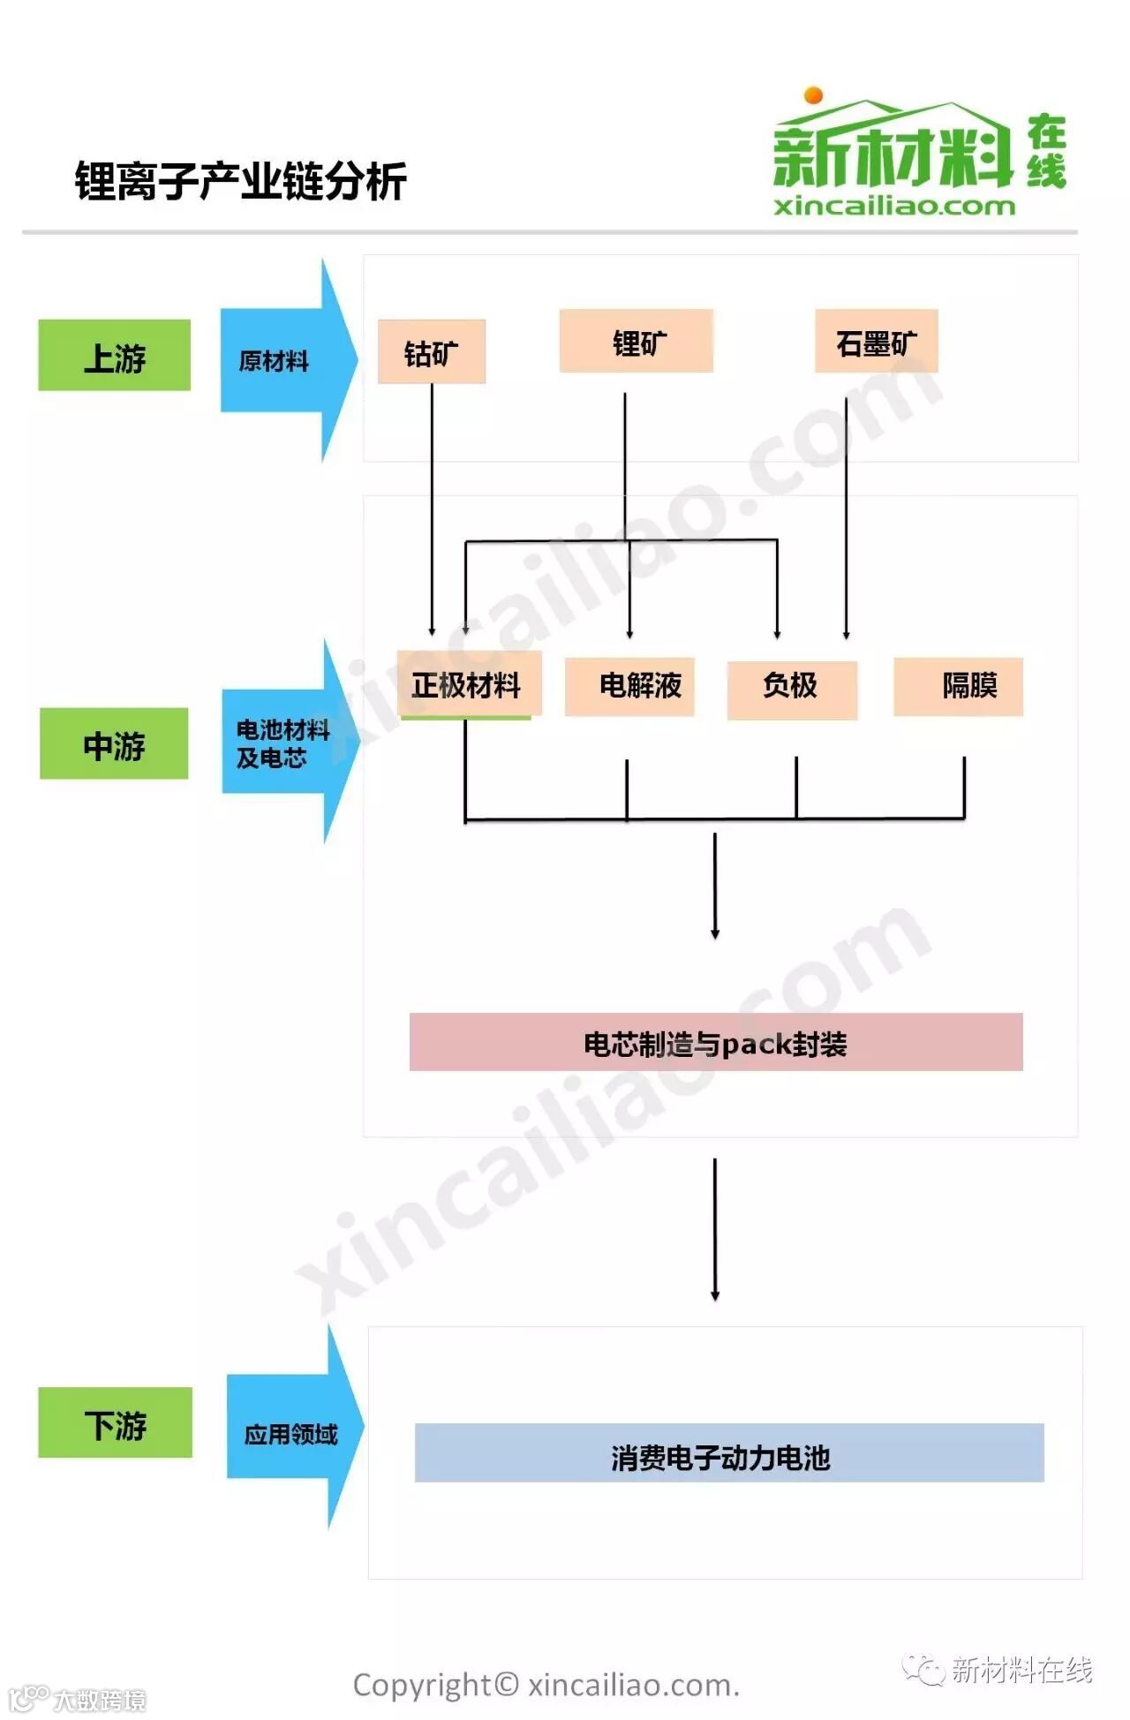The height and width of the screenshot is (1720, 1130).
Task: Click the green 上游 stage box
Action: coord(114,355)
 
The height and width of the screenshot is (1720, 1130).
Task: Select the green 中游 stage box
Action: coord(114,743)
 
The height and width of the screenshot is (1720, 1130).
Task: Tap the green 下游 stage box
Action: coord(115,1422)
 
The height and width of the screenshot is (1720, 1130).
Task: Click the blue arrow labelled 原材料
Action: coord(282,360)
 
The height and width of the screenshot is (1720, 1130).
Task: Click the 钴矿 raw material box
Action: coord(432,351)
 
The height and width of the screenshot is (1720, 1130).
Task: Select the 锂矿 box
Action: coord(636,341)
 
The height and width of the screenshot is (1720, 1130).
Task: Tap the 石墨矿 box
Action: coord(876,341)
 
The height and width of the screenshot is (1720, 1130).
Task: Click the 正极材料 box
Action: coord(468,684)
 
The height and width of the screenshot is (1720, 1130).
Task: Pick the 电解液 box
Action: coord(629,686)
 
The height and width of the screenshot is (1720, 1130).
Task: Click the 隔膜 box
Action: coord(958,686)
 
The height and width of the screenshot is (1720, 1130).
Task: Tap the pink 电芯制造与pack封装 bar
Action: coord(716,1042)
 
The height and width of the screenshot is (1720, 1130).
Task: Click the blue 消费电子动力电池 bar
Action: coord(729,1452)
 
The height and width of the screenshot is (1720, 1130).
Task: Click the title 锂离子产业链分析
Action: coord(240,182)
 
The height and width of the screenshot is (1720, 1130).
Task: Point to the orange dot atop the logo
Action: coord(814,95)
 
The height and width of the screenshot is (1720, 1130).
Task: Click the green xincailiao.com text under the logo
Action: coord(894,207)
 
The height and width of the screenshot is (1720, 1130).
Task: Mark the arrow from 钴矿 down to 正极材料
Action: coord(432,512)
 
